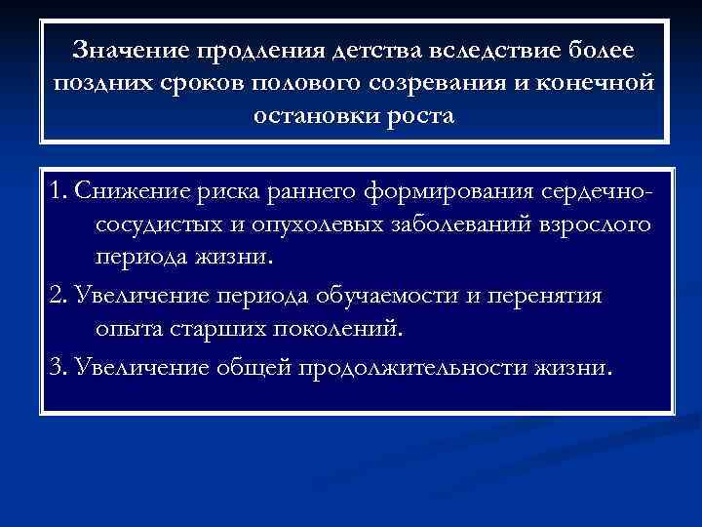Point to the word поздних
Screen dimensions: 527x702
click(x=95, y=83)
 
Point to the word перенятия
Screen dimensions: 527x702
click(x=555, y=297)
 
